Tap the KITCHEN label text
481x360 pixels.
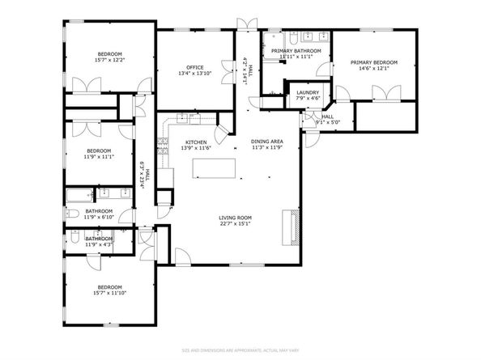pyautogui.click(x=191, y=142)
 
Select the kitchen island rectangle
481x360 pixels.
pyautogui.click(x=214, y=167)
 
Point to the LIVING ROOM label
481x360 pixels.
pyautogui.click(x=236, y=218)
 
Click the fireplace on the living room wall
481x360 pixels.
pyautogui.click(x=287, y=226)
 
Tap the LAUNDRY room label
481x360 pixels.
pyautogui.click(x=307, y=93)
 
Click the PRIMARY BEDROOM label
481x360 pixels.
pyautogui.click(x=373, y=62)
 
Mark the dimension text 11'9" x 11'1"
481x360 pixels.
pyautogui.click(x=98, y=157)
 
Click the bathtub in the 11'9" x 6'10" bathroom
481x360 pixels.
pyautogui.click(x=79, y=195)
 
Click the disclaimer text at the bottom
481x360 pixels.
pyautogui.click(x=240, y=349)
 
